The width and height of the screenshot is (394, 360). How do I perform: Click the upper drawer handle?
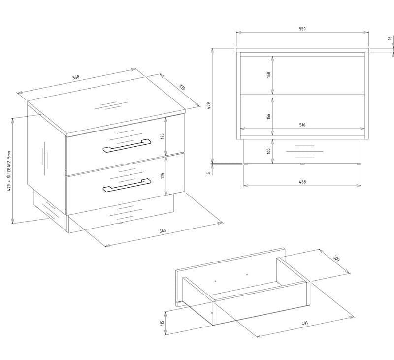click(x=127, y=145)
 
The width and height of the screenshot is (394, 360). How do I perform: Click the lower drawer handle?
click(x=127, y=185)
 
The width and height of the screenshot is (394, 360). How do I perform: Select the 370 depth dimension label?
click(x=182, y=88)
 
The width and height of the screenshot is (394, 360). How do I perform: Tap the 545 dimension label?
click(x=163, y=230)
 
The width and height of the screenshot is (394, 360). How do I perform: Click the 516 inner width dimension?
click(x=302, y=125)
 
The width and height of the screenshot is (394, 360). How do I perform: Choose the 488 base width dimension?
click(x=302, y=182)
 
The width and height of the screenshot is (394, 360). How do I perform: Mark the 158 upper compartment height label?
click(x=268, y=75)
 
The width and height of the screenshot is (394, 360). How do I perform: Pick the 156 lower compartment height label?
click(x=268, y=116)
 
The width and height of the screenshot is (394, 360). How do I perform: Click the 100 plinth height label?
click(x=268, y=151)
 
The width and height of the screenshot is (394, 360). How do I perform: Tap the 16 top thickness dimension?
click(x=390, y=38)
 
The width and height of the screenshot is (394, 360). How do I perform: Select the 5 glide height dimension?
click(x=208, y=173)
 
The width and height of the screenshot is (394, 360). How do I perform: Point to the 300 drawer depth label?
click(x=336, y=259)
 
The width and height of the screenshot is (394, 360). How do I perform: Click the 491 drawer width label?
click(x=304, y=323)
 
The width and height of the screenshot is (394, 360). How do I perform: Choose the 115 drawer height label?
click(x=162, y=323)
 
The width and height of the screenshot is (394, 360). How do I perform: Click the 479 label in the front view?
click(x=208, y=105)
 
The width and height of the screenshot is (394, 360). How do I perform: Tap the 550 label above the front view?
click(x=302, y=29)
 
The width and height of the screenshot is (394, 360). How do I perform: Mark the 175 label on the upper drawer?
click(x=163, y=136)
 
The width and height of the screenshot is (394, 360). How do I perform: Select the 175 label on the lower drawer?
click(x=163, y=176)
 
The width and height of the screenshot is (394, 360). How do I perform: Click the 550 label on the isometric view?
click(x=76, y=77)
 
